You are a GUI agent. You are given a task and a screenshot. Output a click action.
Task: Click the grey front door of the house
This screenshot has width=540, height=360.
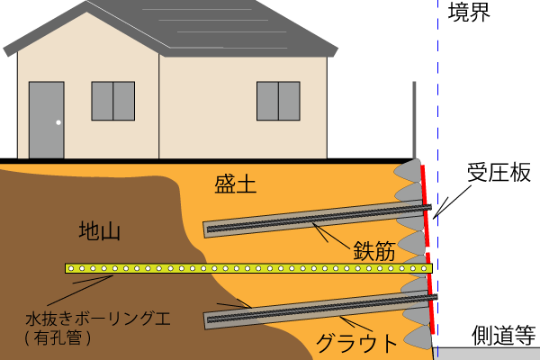click(x=46, y=120)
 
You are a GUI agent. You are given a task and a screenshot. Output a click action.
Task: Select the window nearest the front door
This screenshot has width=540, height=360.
click(x=112, y=101)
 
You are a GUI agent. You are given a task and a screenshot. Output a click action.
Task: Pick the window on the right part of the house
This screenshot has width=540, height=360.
click(x=278, y=101)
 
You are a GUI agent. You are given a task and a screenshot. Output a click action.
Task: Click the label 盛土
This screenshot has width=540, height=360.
click(x=236, y=185)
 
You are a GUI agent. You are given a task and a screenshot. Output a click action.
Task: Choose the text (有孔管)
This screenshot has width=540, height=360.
click(x=59, y=339)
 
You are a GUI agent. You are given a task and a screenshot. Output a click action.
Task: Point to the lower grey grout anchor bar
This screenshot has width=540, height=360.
click(x=315, y=307)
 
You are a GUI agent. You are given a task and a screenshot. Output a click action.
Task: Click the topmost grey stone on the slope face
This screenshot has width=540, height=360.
click(x=410, y=171)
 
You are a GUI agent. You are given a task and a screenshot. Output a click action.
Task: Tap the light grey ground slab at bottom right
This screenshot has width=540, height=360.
click(x=490, y=354)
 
